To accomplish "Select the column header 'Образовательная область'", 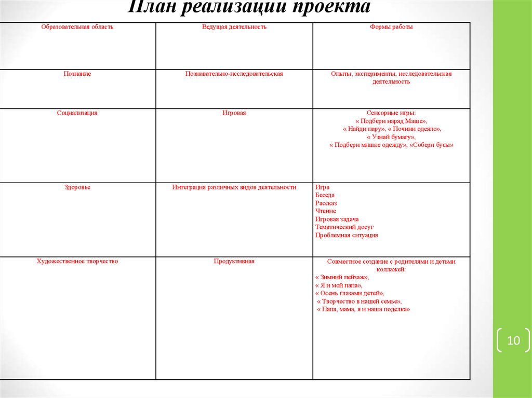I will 77,27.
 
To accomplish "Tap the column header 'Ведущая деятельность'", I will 234,27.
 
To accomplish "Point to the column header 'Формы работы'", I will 391,27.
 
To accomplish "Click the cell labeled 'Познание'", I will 77,74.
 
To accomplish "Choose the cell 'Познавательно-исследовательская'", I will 234,74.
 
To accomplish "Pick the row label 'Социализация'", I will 77,113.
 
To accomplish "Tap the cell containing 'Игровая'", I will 234,113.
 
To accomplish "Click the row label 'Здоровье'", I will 77,187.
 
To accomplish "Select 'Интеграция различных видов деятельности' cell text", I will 234,187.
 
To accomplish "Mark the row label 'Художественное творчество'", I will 77,262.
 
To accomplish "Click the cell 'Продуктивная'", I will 234,262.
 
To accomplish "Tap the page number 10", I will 513,341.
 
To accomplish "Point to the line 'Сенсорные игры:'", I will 391,113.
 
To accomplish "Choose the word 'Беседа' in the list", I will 325,195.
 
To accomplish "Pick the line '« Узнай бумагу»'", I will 391,137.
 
